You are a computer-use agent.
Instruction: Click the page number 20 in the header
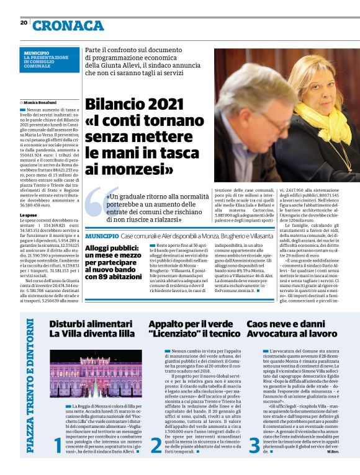click(x=24, y=23)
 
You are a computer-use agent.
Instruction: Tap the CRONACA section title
click(x=68, y=25)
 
